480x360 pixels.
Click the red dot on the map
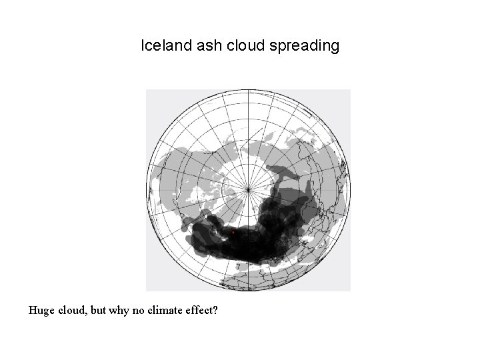232,233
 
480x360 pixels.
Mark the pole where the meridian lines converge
248,189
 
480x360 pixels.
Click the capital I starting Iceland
143,46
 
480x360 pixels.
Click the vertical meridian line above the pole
248,133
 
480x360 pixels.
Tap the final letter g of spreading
335,47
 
